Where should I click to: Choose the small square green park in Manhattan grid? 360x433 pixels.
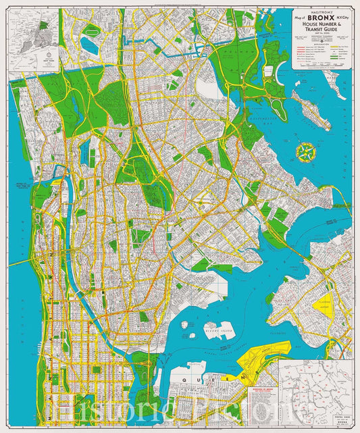point(97,370)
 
